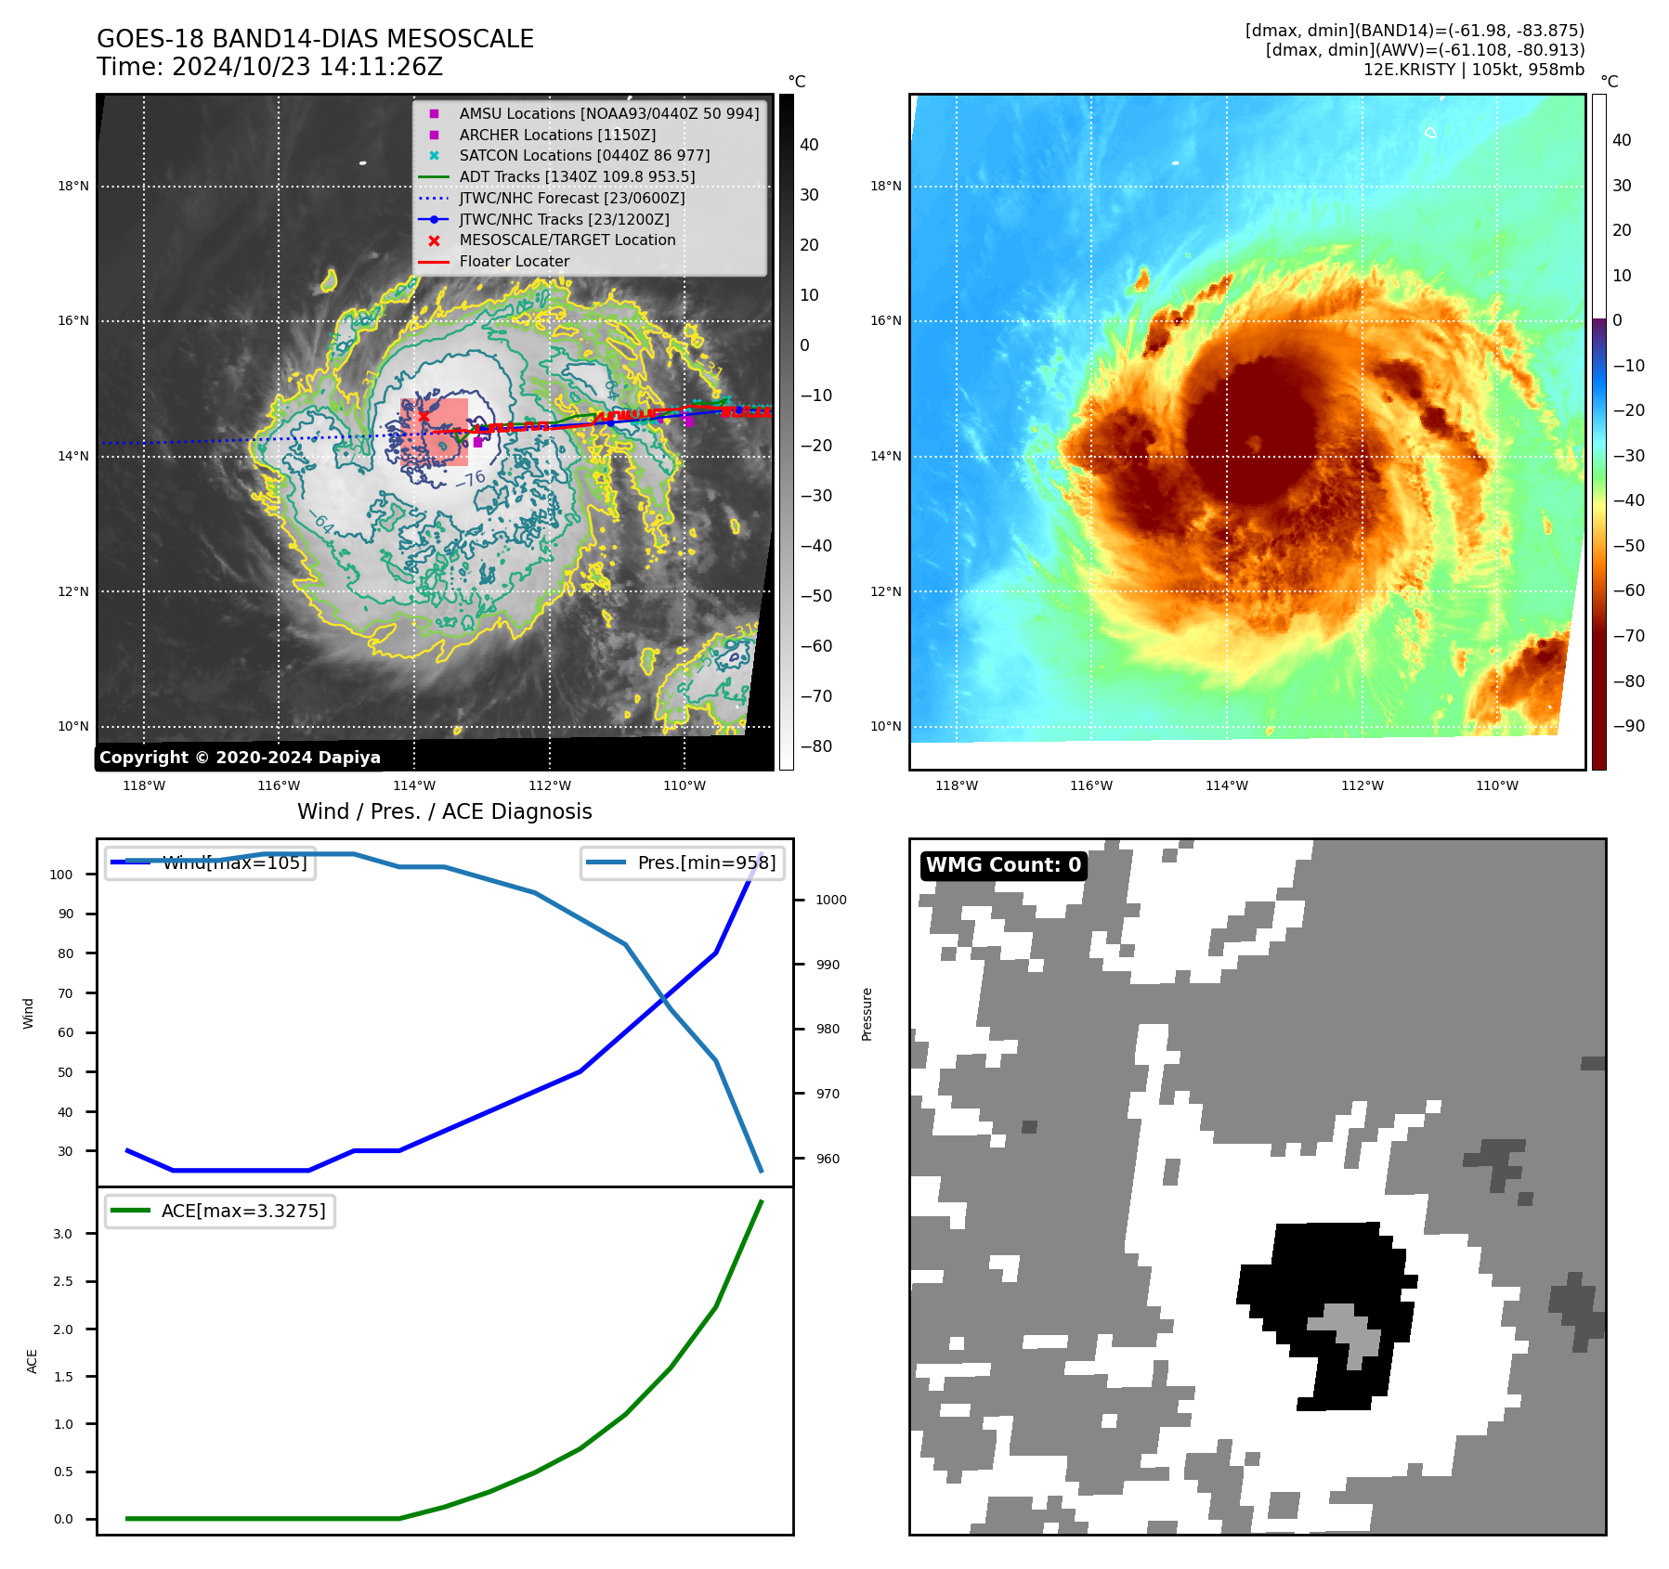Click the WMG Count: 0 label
point(1003,865)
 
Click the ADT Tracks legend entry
point(577,176)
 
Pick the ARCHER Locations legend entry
point(557,135)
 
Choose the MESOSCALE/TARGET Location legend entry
point(567,240)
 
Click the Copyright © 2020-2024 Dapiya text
point(240,758)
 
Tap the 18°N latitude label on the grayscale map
point(73,187)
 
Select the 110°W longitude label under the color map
point(1497,785)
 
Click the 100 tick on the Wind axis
point(61,875)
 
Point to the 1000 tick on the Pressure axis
point(831,900)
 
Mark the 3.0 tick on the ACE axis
point(63,1234)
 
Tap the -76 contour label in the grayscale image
point(471,480)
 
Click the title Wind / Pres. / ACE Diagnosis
point(444,811)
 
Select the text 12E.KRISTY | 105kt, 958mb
point(1473,70)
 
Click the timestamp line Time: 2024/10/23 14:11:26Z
point(269,67)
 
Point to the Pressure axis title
point(867,1014)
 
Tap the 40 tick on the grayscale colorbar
point(809,145)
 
